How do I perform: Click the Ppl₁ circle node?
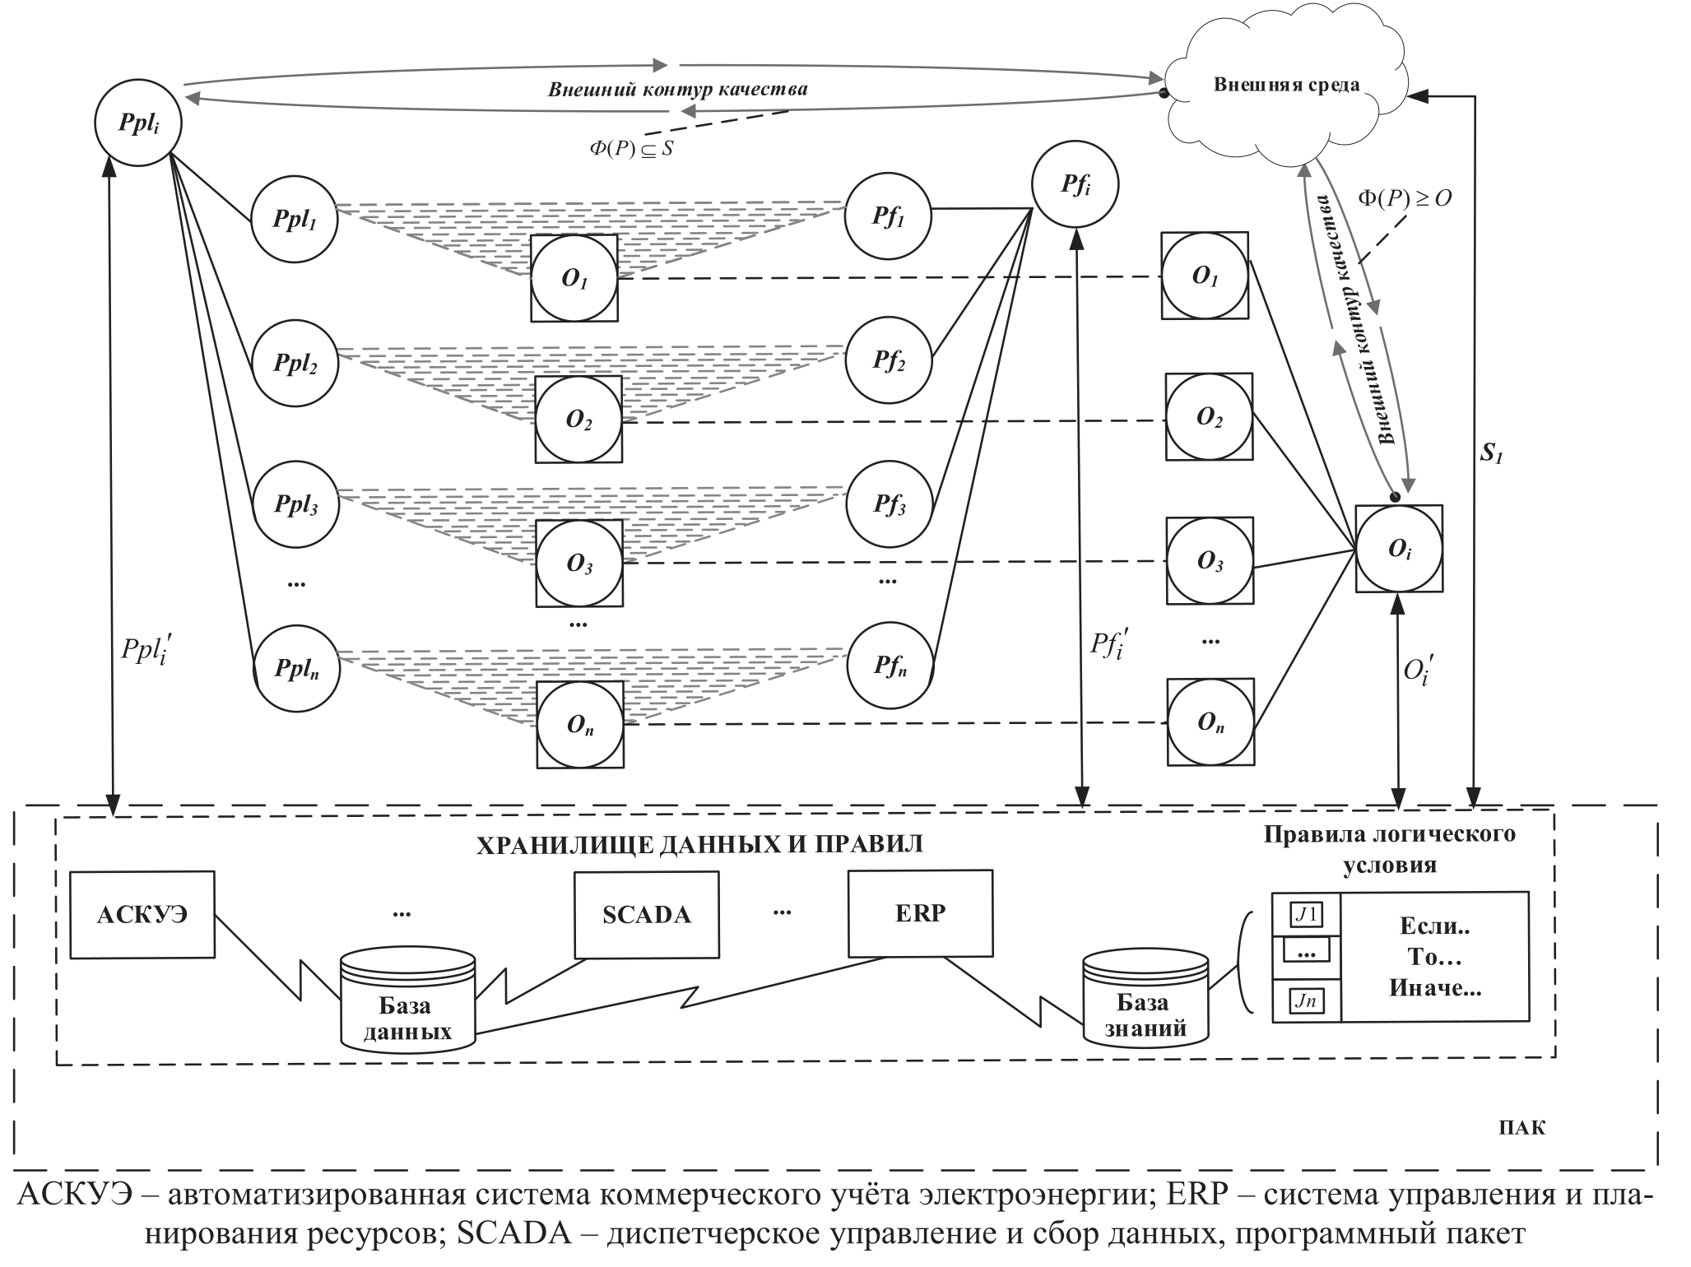click(295, 220)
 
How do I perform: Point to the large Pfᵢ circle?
click(1075, 185)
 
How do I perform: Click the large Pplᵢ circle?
click(138, 123)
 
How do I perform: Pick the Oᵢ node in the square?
click(1399, 549)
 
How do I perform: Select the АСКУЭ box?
click(142, 915)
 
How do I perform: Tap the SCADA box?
click(646, 915)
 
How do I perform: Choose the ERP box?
click(920, 912)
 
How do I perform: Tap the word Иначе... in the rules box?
click(1435, 988)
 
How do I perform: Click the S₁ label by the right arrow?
click(1491, 453)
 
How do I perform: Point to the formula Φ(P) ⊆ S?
click(631, 149)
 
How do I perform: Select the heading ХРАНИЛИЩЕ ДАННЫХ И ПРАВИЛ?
click(699, 844)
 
